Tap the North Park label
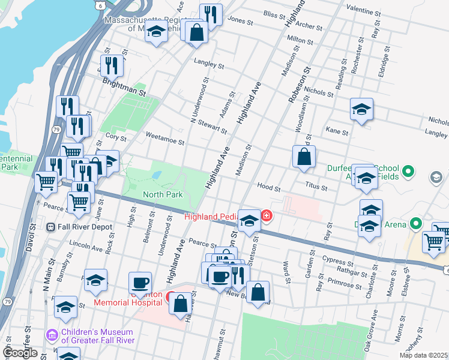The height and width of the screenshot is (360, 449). coord(163,194)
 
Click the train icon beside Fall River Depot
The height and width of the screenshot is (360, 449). coord(51,226)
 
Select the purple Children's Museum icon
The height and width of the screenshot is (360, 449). coord(52,334)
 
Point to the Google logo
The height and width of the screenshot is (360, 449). coord(20,352)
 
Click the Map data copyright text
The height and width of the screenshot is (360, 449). coord(424,355)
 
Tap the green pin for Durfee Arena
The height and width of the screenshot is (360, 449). coord(415,225)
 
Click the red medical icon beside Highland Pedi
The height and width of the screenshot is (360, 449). coord(265,216)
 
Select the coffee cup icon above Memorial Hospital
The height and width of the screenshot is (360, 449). coord(140,281)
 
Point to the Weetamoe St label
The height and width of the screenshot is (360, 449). coord(164,139)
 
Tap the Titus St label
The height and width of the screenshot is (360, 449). coord(316,187)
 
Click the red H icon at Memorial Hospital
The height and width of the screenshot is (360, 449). coord(171,296)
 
